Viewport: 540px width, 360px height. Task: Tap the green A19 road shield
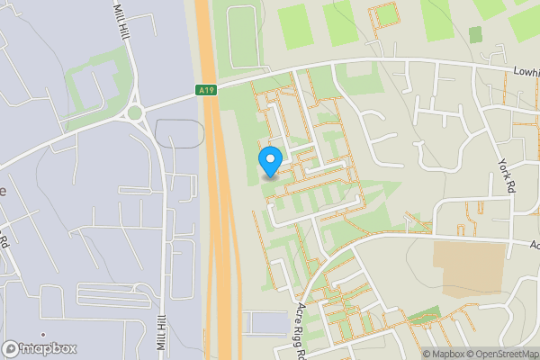tap(206, 90)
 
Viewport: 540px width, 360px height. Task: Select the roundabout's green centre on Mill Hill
tap(136, 112)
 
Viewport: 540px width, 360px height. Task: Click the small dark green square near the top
tap(475, 34)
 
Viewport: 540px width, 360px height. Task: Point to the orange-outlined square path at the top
tap(384, 15)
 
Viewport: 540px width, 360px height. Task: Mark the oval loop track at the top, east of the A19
tap(240, 36)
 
